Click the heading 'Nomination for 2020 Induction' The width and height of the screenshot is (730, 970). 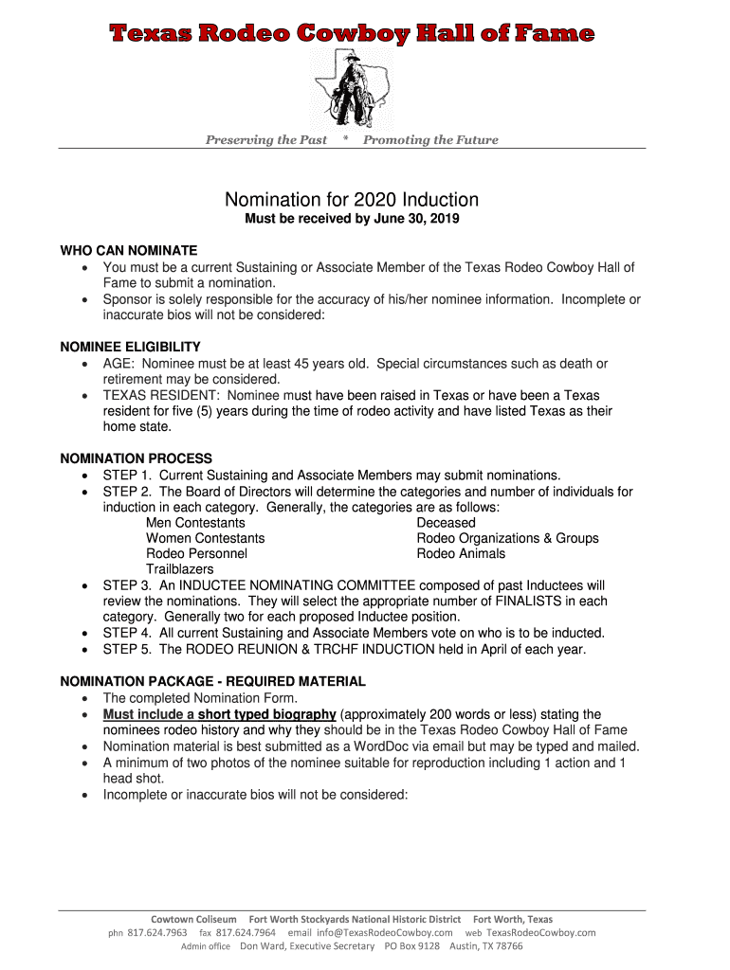click(352, 200)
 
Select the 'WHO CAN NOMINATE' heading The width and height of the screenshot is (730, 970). click(129, 251)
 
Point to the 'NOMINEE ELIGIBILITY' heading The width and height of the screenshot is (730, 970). click(131, 347)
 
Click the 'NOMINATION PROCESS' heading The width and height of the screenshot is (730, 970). click(137, 458)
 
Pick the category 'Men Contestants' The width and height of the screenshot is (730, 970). click(195, 523)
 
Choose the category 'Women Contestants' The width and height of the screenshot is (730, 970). click(205, 538)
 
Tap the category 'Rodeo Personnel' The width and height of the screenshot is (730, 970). click(196, 553)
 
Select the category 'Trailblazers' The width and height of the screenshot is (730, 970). click(180, 569)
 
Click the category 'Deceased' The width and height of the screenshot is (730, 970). click(446, 523)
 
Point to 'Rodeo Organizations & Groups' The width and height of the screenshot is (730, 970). click(507, 538)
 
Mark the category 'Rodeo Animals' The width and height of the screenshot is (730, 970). click(461, 553)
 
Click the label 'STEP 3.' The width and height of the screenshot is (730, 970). click(127, 585)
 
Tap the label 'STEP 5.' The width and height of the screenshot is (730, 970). click(127, 649)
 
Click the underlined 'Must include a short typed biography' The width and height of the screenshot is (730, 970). click(219, 714)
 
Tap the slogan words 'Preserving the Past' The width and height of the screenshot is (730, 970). click(266, 140)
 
